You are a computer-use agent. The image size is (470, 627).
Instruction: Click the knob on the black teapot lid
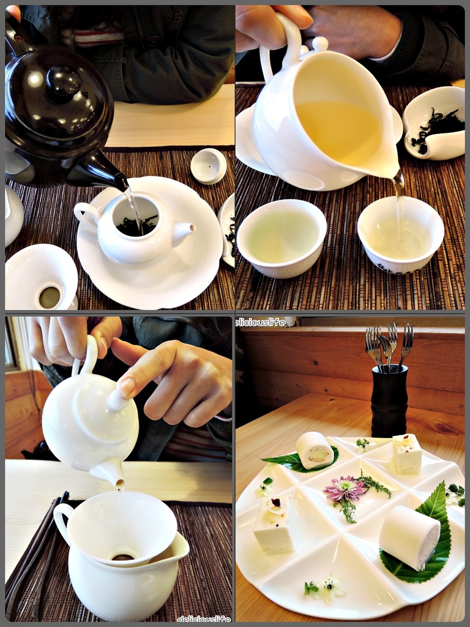point(64,83)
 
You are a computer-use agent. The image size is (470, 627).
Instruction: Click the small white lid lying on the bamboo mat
point(208,165)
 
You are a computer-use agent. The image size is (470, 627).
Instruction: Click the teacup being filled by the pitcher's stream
point(400,235)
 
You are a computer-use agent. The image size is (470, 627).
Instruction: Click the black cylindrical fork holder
point(389,400)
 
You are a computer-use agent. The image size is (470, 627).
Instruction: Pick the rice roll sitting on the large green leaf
point(409,537)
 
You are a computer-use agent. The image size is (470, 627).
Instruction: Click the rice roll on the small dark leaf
point(315,450)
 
